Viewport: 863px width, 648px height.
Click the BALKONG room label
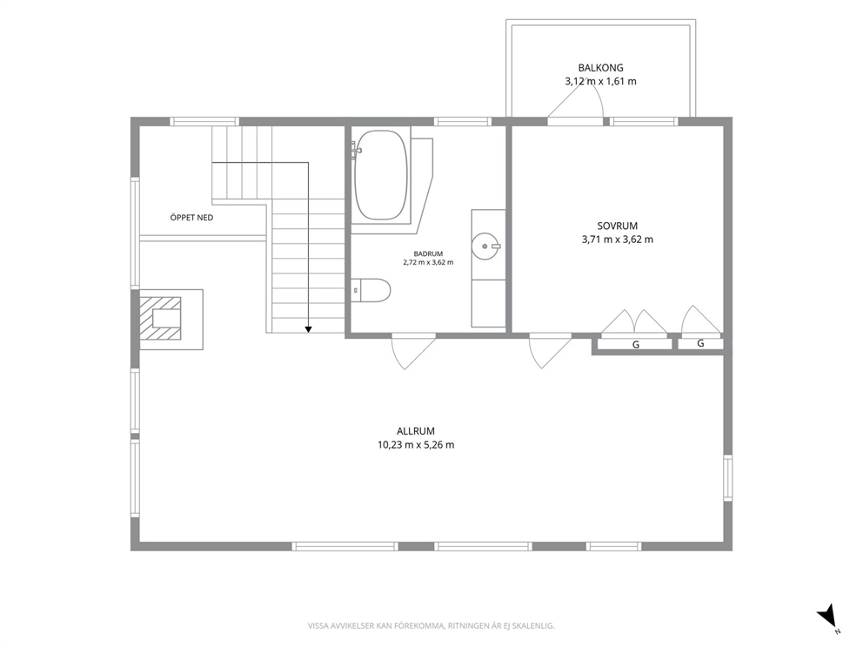(x=600, y=68)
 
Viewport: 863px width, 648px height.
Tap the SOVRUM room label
(x=618, y=226)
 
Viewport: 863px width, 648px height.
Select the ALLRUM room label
(x=416, y=431)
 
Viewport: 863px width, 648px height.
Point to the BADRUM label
(x=428, y=253)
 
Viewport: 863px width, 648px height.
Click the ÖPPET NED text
(x=191, y=218)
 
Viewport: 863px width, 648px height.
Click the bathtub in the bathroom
(x=381, y=175)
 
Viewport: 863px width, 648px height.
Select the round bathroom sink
(x=485, y=246)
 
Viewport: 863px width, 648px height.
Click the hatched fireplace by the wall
(x=159, y=319)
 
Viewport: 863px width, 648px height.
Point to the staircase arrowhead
(x=308, y=329)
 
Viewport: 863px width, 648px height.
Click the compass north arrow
(x=826, y=616)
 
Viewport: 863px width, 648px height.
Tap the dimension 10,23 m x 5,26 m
(x=416, y=445)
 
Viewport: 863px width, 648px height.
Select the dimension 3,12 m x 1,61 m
(x=600, y=82)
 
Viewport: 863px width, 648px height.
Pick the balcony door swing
(x=575, y=103)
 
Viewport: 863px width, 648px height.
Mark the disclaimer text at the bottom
(x=431, y=625)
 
